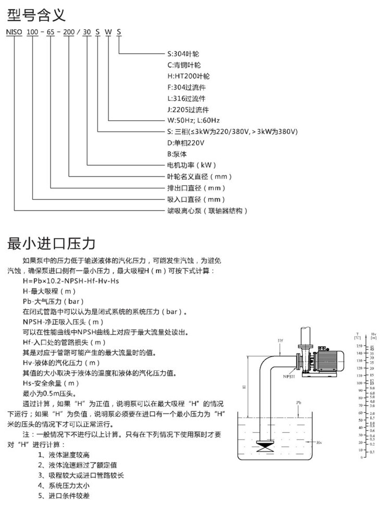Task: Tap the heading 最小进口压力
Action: point(51,243)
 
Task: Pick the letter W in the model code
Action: point(108,32)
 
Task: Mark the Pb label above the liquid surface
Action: point(298,402)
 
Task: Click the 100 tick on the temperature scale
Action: point(359,383)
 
